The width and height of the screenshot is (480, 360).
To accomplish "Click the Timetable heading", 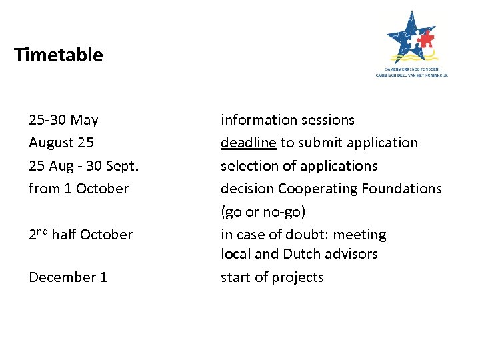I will point(58,55).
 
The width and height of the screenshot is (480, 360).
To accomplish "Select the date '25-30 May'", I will point(63,120).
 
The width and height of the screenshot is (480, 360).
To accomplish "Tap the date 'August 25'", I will point(61,143).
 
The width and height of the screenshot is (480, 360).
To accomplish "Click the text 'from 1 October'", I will point(79,189).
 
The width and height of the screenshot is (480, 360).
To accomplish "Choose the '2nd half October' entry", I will point(81,235).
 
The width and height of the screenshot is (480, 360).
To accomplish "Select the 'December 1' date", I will point(68,277).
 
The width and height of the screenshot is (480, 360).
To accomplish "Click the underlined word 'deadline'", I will point(249,143).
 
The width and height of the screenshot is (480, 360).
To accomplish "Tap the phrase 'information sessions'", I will point(287,120).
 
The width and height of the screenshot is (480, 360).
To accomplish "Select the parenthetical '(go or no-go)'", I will point(263,212).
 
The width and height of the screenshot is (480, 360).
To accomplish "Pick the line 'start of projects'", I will point(272,277).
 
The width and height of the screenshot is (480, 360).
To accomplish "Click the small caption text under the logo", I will point(412,73).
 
